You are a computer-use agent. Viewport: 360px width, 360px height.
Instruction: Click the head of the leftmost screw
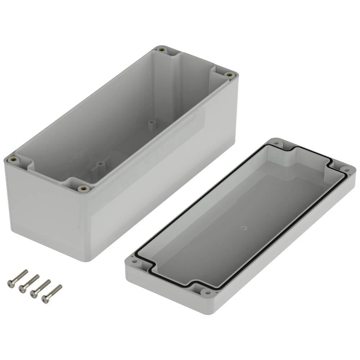click(x=11, y=284)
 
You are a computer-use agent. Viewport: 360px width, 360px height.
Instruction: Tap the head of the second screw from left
click(x=22, y=288)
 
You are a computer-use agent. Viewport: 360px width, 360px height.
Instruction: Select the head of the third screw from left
click(x=34, y=294)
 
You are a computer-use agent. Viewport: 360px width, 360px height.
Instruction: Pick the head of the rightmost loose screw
click(x=45, y=299)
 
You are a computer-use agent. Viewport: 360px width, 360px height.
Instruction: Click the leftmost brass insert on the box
click(x=14, y=160)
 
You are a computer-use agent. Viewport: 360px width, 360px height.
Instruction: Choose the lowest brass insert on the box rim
click(x=83, y=188)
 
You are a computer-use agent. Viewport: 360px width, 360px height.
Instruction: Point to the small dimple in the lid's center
click(x=243, y=228)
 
